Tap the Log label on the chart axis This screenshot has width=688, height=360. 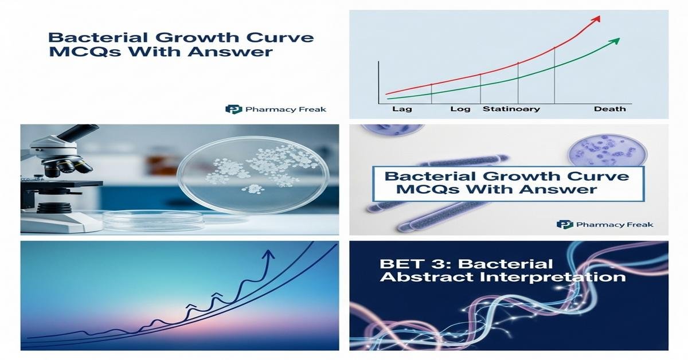click(x=459, y=109)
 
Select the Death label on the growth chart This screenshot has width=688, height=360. click(x=609, y=109)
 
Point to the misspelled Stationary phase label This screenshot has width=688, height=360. click(x=511, y=109)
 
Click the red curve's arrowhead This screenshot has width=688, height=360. click(x=597, y=18)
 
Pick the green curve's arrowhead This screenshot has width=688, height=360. click(x=616, y=40)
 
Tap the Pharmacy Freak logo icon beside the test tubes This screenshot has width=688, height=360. click(x=565, y=224)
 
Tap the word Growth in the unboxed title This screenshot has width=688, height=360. click(x=183, y=39)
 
